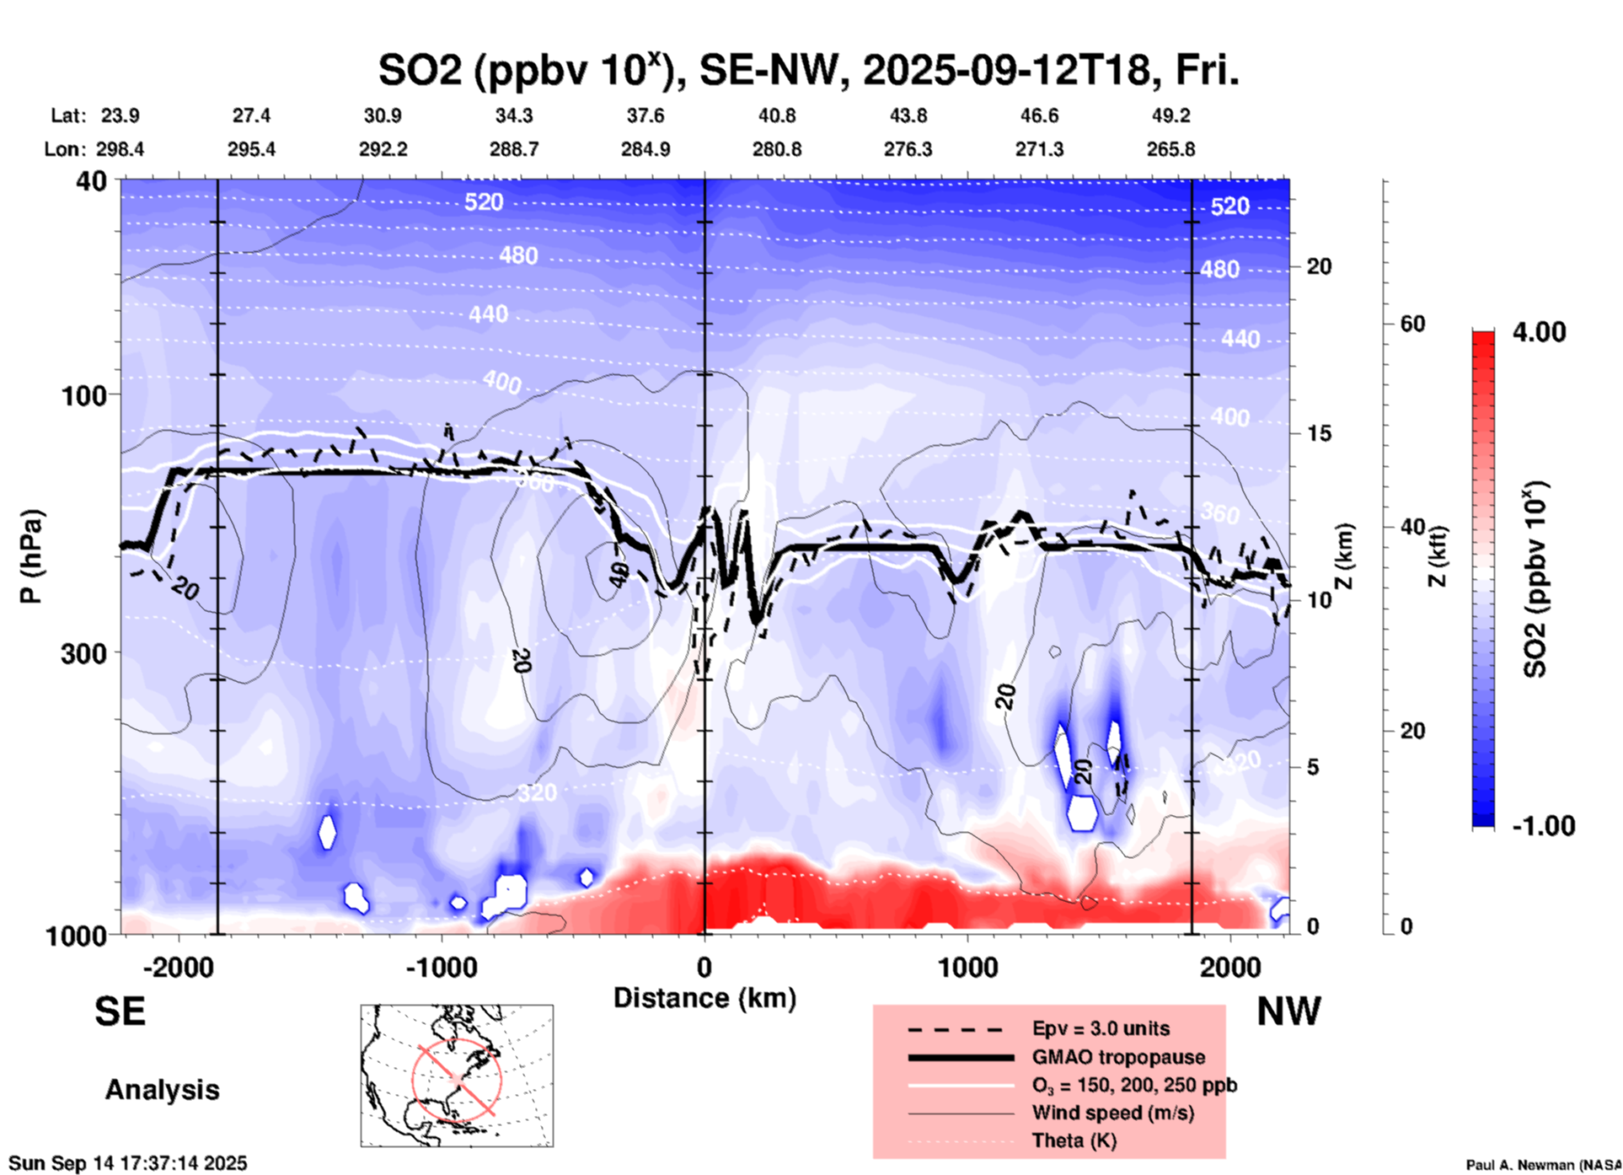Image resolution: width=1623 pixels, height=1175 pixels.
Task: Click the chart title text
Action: pyautogui.click(x=807, y=71)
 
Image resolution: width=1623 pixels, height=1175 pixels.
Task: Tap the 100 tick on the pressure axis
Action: pyautogui.click(x=88, y=394)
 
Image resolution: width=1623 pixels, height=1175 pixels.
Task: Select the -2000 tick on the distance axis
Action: pyautogui.click(x=178, y=967)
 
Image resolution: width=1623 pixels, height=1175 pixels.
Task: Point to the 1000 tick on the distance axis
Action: pyautogui.click(x=967, y=967)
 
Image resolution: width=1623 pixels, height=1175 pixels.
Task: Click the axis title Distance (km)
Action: pyautogui.click(x=704, y=998)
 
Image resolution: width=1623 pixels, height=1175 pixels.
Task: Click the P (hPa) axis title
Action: pyautogui.click(x=31, y=556)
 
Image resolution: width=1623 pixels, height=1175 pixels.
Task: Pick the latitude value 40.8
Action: pyautogui.click(x=776, y=115)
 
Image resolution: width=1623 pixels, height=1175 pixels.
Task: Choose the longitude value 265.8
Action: pyautogui.click(x=1170, y=149)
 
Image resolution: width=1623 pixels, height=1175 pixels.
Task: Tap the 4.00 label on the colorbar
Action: pyautogui.click(x=1539, y=332)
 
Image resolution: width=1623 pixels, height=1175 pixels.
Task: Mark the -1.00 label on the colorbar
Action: pyautogui.click(x=1542, y=826)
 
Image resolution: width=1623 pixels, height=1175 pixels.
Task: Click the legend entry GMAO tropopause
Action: pyautogui.click(x=1118, y=1057)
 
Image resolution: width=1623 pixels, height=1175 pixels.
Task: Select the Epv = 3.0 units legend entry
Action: pyautogui.click(x=1101, y=1028)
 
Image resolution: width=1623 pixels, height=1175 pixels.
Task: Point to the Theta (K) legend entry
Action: pyautogui.click(x=1074, y=1140)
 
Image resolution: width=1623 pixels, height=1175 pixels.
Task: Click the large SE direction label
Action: pyautogui.click(x=120, y=1011)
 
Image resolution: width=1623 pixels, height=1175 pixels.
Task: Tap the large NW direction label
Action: pyautogui.click(x=1288, y=1011)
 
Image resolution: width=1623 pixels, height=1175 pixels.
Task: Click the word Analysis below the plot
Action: pyautogui.click(x=162, y=1090)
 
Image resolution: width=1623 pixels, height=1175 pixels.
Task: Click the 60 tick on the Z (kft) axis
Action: pyautogui.click(x=1411, y=325)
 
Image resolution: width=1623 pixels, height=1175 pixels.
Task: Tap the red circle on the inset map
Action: pyautogui.click(x=457, y=1078)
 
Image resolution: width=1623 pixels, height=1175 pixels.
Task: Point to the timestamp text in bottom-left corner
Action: pyautogui.click(x=128, y=1163)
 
